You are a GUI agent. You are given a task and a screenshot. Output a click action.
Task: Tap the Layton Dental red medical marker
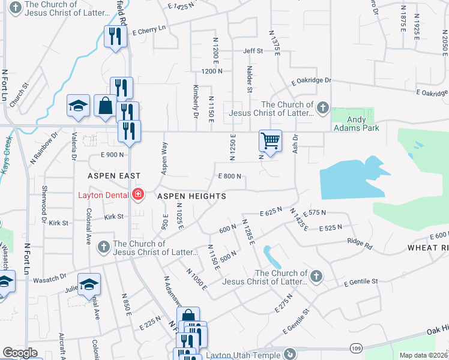point(138,194)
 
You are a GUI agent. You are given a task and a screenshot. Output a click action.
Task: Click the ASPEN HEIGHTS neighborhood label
point(191,196)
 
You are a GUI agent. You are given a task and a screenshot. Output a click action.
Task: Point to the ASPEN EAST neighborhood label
point(113,176)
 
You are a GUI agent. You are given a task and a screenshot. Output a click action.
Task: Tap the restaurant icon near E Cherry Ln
point(112,37)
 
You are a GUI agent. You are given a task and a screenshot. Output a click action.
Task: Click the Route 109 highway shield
point(355,348)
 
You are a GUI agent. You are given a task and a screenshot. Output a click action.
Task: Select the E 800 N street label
point(229,176)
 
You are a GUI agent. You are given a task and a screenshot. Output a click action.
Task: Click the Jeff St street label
point(253,52)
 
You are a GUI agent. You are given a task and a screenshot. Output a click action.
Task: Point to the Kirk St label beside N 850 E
point(113,217)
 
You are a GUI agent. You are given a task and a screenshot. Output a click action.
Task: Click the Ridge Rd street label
point(359,245)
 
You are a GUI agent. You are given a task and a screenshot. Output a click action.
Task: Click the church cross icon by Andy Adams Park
point(323,108)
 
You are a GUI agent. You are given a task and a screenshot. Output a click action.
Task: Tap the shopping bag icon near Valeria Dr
point(105,106)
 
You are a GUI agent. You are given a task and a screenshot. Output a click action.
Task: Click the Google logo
point(20,353)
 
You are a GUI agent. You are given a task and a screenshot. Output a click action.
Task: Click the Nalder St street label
point(249,80)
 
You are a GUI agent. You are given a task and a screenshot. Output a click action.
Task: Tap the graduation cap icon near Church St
point(78,107)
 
